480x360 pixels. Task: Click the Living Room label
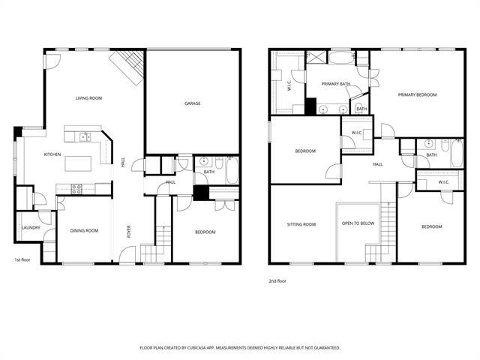tap(88, 98)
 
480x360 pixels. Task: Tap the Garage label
tap(193, 103)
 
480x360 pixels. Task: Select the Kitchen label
tap(52, 154)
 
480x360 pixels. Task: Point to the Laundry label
tap(30, 227)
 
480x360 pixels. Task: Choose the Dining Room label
tap(84, 230)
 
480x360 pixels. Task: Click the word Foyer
tap(128, 232)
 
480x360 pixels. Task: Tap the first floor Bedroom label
tap(205, 232)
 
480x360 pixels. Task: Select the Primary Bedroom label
tap(417, 94)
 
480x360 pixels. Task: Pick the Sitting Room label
tap(301, 224)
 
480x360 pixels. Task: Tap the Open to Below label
tap(358, 224)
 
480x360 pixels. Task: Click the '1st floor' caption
tap(22, 260)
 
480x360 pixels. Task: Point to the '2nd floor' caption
tap(277, 280)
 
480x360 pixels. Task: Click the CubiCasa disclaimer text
tap(240, 348)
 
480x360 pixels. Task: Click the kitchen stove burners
tap(76, 187)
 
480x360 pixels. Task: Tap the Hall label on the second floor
tap(377, 164)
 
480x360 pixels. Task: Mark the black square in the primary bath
tap(310, 106)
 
